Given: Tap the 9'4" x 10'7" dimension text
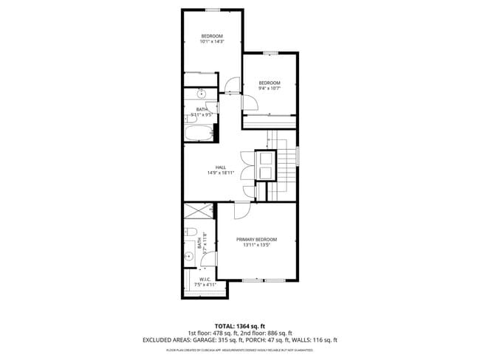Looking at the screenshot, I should coord(269,89).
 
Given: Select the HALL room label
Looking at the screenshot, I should coord(220,167).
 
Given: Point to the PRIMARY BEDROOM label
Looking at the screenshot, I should coord(256,240).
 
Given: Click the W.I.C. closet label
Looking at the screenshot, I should coord(205,279).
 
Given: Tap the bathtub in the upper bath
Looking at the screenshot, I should coord(199,134).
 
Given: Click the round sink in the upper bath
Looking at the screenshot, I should coord(202,94).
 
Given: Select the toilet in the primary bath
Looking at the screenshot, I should coord(189,234).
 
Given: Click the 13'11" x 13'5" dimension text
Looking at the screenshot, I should coord(256,245).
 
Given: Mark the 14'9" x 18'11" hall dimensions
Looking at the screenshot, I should coord(220,173).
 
